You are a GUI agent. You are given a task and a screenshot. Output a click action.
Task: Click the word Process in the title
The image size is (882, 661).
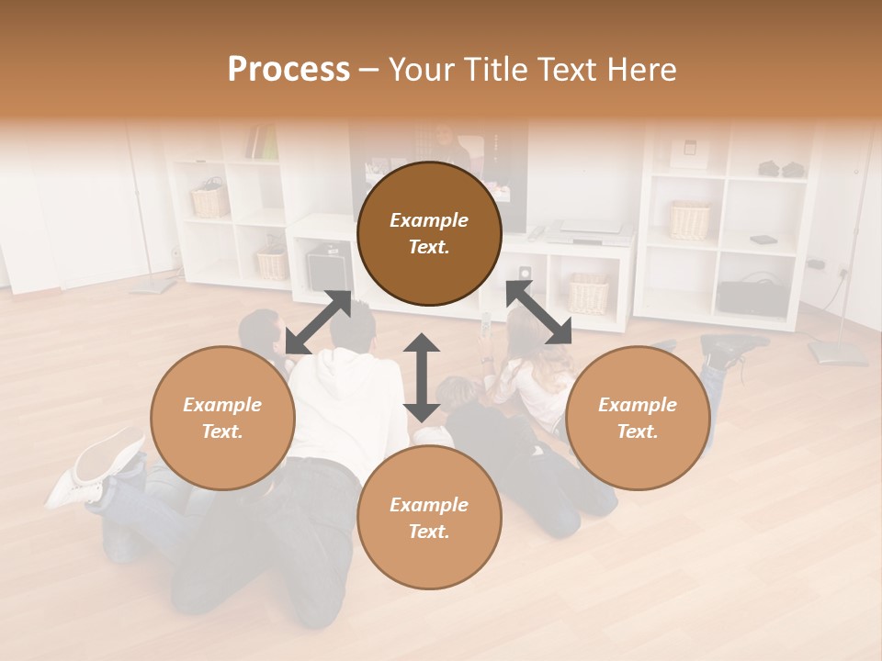288,70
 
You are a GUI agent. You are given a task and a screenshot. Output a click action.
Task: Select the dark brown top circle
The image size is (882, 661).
429,234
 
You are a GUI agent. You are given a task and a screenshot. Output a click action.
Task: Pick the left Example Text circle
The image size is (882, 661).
222,418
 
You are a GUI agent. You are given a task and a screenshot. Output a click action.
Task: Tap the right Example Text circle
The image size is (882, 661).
638,418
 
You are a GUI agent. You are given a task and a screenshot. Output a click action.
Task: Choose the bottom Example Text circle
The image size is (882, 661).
429,518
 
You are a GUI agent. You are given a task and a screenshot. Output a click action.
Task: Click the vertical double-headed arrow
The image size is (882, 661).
422,377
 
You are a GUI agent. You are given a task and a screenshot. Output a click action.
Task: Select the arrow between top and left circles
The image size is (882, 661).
318,322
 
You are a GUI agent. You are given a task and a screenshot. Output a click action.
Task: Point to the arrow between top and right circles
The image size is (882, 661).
538,313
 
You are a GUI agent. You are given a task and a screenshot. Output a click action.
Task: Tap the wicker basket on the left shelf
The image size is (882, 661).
209,201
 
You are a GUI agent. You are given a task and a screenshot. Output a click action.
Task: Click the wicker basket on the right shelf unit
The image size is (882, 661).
690,219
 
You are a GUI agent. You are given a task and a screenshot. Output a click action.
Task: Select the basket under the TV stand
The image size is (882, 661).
588,293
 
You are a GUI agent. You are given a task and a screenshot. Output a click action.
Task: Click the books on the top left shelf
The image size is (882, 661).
263,143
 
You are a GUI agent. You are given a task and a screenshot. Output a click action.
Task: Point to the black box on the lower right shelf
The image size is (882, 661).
751,297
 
